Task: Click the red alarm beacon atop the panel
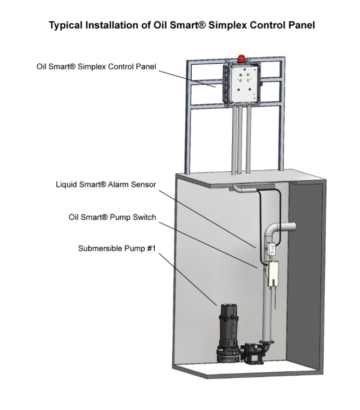[x=243, y=58]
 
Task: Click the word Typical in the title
[x=66, y=26]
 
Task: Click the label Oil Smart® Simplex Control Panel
[x=96, y=67]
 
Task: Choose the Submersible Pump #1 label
[x=116, y=248]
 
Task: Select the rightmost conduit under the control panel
[x=248, y=148]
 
